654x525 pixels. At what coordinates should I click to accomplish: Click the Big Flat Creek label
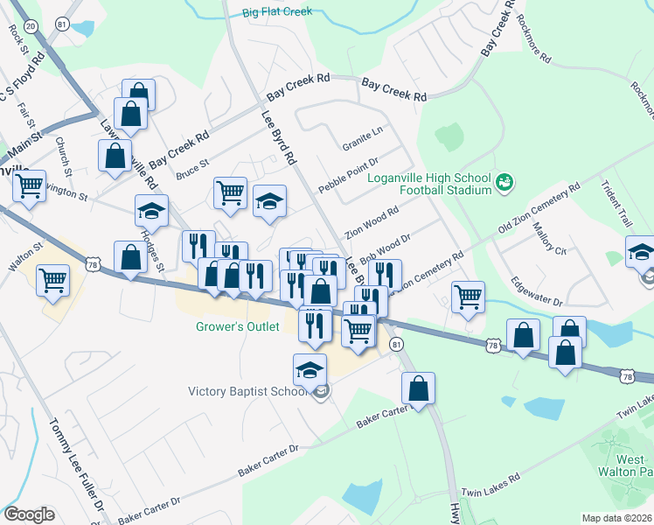coord(277,12)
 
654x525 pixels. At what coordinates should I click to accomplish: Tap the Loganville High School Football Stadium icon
coord(504,182)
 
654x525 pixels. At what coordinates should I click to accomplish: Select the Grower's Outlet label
coord(236,327)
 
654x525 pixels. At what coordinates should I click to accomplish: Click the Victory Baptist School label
coord(248,391)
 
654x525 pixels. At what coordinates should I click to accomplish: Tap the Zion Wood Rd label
coord(372,222)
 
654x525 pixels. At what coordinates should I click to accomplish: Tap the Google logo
coord(29,514)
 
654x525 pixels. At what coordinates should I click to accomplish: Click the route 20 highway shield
coord(31,27)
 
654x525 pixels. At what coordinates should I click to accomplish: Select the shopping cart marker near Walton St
coord(54,281)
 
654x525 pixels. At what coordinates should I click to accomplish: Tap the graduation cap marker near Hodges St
coord(151,210)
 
